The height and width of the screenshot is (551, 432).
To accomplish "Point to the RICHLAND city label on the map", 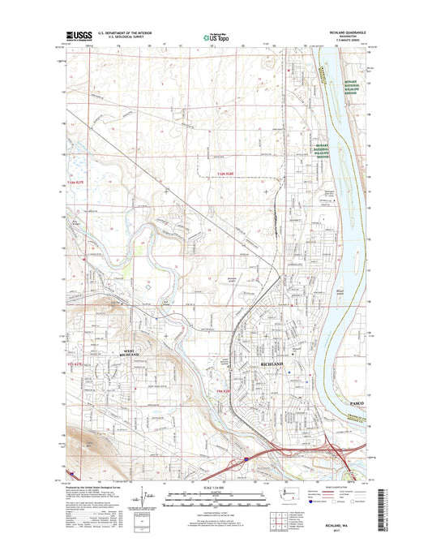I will [x=273, y=366].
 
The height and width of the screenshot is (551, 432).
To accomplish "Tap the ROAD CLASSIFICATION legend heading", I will [x=319, y=488].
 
